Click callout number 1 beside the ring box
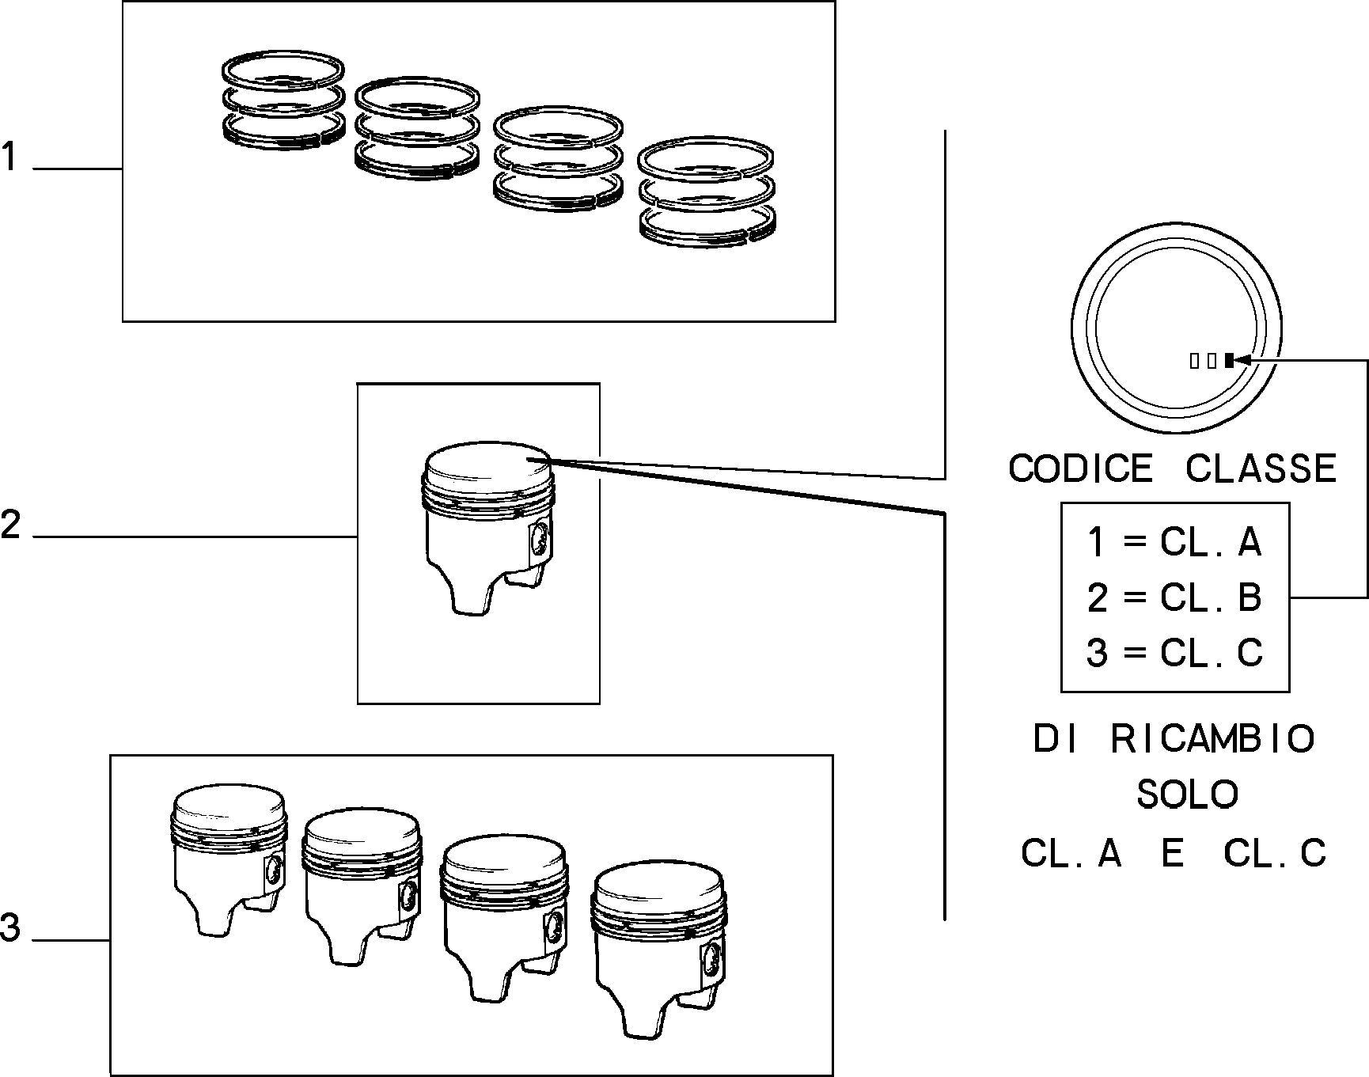click(x=9, y=157)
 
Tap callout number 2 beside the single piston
click(x=10, y=525)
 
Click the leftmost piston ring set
click(x=283, y=100)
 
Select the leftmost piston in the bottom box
click(x=229, y=862)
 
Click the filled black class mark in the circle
click(x=1229, y=361)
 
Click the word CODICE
click(x=1081, y=468)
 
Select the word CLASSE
click(x=1261, y=468)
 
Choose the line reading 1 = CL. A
click(x=1174, y=543)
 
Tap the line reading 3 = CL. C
click(x=1174, y=654)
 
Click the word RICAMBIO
click(x=1212, y=739)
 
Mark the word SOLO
click(x=1187, y=794)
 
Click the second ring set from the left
click(x=417, y=127)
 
